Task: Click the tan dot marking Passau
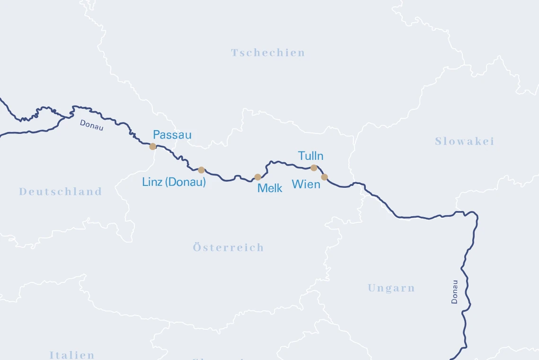[x=152, y=147]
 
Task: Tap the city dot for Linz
[x=201, y=170]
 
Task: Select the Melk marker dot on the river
[x=258, y=177]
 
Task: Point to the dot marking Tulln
[x=314, y=168]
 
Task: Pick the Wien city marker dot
[x=324, y=177]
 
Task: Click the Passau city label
[x=172, y=135]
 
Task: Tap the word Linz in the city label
[x=152, y=182]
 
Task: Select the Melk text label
[x=270, y=188]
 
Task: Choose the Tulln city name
[x=311, y=156]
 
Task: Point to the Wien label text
[x=306, y=184]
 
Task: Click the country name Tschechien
[x=268, y=53]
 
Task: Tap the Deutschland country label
[x=61, y=192]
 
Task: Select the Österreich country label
[x=228, y=247]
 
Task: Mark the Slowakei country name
[x=464, y=141]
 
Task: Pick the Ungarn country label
[x=391, y=288]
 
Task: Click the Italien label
[x=72, y=355]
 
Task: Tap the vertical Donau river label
[x=455, y=291]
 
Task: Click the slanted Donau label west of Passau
[x=91, y=125]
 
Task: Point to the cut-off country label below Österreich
[x=218, y=358]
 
